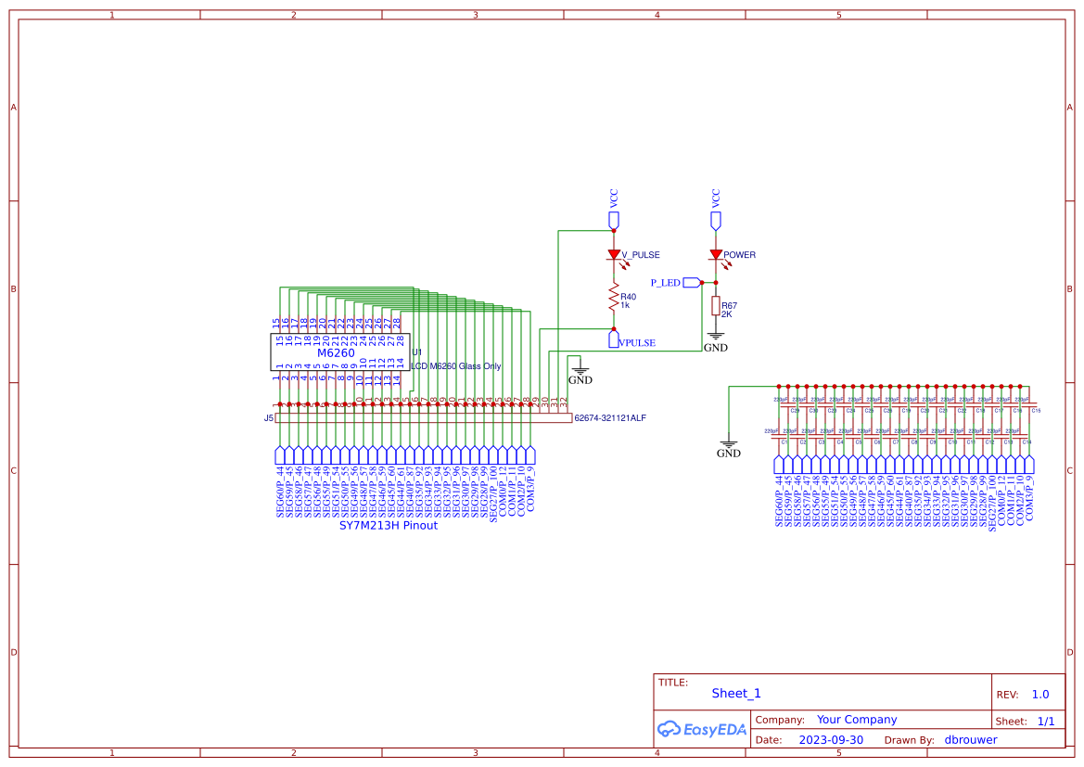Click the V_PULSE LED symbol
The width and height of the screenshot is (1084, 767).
pos(613,254)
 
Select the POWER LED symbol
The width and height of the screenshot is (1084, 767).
pos(715,254)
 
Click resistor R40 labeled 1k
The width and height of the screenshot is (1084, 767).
pos(613,298)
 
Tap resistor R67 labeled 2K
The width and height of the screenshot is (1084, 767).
pos(715,306)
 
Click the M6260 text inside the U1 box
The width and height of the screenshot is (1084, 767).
pos(336,353)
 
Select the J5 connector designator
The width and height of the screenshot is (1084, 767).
pos(268,418)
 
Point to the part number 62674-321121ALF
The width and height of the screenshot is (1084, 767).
pos(610,418)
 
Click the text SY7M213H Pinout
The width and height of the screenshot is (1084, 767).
pos(388,526)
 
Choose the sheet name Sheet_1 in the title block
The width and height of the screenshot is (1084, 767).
pos(736,693)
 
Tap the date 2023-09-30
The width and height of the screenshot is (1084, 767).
pos(830,740)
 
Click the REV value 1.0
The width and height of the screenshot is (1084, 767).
pos(1039,695)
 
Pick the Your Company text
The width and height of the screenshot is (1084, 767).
pos(856,720)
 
